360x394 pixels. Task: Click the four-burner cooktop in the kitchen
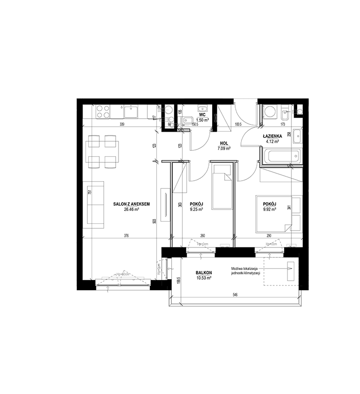tap(102, 112)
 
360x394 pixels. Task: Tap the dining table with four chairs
tap(102, 151)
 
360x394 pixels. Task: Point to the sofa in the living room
tap(95, 204)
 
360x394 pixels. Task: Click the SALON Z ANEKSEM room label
tap(132, 204)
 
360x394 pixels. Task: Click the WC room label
tap(203, 115)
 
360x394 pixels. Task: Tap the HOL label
tap(224, 143)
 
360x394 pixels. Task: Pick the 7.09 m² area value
tap(224, 148)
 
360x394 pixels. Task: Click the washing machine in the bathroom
tap(269, 112)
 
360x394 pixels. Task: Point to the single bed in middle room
tap(221, 186)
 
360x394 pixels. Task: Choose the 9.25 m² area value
tap(197, 209)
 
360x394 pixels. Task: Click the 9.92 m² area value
tap(270, 209)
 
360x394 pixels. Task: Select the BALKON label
tap(204, 272)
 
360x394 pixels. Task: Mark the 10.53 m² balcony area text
tap(204, 278)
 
